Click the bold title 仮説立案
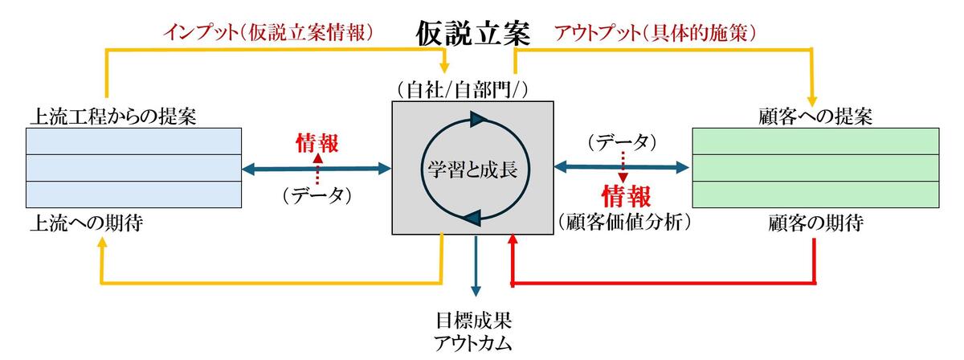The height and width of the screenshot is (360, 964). coord(473,34)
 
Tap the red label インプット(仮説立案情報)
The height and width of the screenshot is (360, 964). coord(268,32)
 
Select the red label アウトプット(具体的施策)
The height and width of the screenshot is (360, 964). coord(655,32)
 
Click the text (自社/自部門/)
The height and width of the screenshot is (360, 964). coord(462,90)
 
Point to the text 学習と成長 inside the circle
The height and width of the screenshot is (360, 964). coord(472,169)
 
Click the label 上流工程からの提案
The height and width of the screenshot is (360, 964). coord(113,117)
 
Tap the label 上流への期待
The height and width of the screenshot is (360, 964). coord(87,223)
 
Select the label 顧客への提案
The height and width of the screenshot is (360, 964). coord(815,117)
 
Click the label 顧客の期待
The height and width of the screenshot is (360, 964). coord(815,223)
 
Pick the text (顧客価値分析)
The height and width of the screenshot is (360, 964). coord(625,223)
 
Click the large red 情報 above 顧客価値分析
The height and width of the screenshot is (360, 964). coord(626,196)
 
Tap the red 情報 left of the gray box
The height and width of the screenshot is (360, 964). coord(317,143)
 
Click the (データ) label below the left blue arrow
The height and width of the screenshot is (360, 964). coord(317,195)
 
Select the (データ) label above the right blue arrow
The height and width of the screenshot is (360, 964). coord(623,142)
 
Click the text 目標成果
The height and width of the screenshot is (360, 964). coord(473,321)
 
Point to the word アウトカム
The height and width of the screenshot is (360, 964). coord(473,344)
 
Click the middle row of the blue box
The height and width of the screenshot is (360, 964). coord(134,168)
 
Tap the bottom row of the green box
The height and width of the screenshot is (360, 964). coord(815,194)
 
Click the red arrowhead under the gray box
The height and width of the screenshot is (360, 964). coord(513,239)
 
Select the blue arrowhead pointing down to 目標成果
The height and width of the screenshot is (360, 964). coord(475,292)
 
